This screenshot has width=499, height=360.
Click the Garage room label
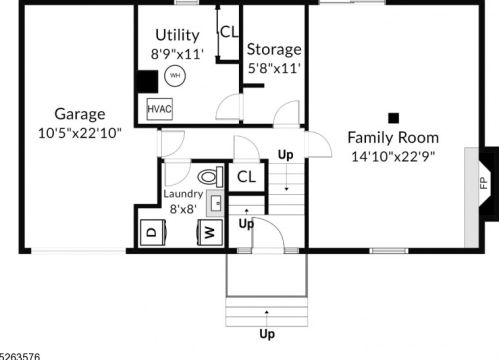pyautogui.click(x=80, y=114)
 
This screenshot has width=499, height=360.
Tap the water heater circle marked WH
pyautogui.click(x=175, y=76)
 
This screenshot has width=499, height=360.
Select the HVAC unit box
pyautogui.click(x=160, y=109)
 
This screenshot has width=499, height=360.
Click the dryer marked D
pyautogui.click(x=153, y=232)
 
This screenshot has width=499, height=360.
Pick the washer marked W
pyautogui.click(x=210, y=232)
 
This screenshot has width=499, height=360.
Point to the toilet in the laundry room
pyautogui.click(x=210, y=177)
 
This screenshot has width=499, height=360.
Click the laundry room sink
pyautogui.click(x=215, y=203)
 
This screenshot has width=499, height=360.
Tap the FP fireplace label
pyautogui.click(x=484, y=183)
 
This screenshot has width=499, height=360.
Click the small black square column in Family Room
pyautogui.click(x=394, y=118)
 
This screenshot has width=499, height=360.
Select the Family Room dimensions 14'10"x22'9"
pyautogui.click(x=393, y=156)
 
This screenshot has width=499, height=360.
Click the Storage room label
pyautogui.click(x=274, y=49)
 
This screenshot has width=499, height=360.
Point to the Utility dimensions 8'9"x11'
pyautogui.click(x=177, y=54)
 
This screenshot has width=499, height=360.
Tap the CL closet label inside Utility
pyautogui.click(x=229, y=32)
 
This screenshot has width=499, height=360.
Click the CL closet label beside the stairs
pyautogui.click(x=246, y=177)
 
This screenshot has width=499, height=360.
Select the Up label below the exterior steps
pyautogui.click(x=267, y=334)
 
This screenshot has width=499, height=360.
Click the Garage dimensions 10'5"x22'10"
pyautogui.click(x=80, y=133)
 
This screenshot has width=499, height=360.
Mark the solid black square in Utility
pyautogui.click(x=147, y=82)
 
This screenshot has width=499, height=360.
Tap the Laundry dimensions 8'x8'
pyautogui.click(x=183, y=209)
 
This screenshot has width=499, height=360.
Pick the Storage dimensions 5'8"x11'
pyautogui.click(x=274, y=69)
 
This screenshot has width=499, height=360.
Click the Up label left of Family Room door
pyautogui.click(x=286, y=155)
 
